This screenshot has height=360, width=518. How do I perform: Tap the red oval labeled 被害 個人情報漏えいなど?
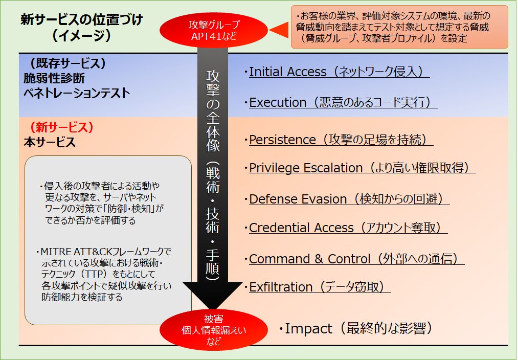[x=214, y=330]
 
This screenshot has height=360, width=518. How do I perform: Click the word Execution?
[x=278, y=103]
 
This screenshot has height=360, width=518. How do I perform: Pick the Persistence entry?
[x=282, y=140]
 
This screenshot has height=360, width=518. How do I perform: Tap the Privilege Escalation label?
[x=305, y=168]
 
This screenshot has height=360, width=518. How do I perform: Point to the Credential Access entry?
[x=301, y=228]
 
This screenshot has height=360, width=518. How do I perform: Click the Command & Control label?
[x=309, y=259]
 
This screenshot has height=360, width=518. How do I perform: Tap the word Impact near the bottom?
[x=308, y=329]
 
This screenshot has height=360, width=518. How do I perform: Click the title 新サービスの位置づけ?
[x=82, y=20]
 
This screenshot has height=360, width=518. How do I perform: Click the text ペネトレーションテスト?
[x=77, y=94]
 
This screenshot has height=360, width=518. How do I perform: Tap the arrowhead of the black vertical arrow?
[x=214, y=296]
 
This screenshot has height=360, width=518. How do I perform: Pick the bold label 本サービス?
[x=50, y=143]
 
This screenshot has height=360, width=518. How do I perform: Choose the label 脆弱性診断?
[x=54, y=78]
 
